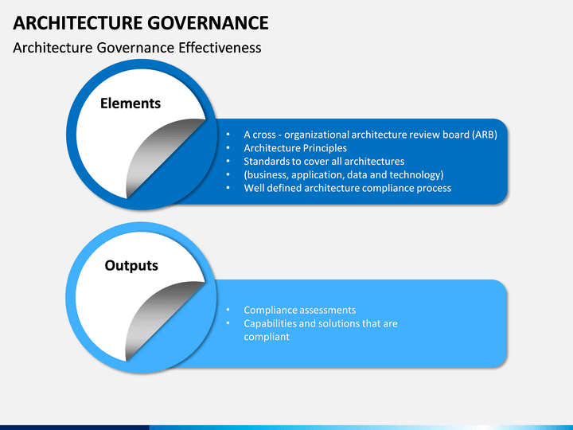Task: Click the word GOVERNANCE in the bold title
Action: (x=209, y=22)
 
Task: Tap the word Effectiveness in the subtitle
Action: (x=220, y=48)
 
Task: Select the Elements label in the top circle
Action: (x=131, y=104)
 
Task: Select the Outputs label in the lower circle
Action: (x=131, y=266)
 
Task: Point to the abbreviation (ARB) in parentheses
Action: (x=485, y=135)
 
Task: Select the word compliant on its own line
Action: (x=267, y=337)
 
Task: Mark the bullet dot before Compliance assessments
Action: (x=228, y=310)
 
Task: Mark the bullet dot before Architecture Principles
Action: (x=228, y=148)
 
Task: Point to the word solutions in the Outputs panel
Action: (x=337, y=323)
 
